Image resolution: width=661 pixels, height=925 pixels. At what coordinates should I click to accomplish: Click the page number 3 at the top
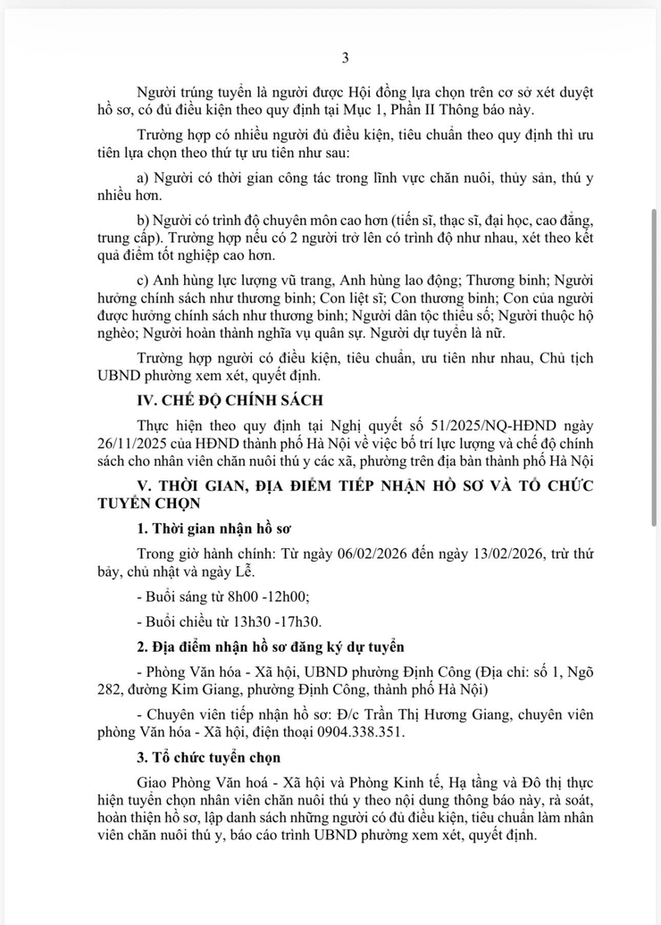click(x=346, y=58)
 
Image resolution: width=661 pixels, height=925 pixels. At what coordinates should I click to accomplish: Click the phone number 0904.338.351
click(x=354, y=732)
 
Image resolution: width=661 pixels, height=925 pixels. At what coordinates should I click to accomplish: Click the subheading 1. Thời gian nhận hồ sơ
click(x=213, y=528)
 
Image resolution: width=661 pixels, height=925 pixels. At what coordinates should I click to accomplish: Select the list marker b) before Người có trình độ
click(x=144, y=220)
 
